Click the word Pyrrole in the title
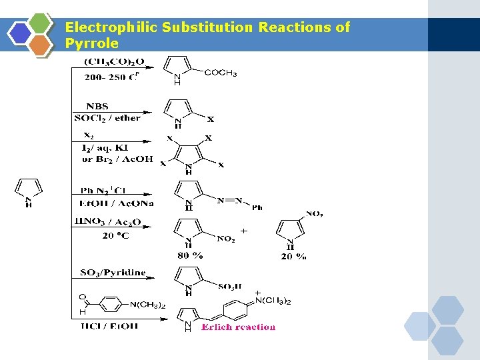coord(92,44)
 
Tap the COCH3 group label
coord(220,73)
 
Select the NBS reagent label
coord(97,106)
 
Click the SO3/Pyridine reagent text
coord(113,273)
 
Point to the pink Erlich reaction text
coord(238,327)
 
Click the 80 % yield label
coord(190,255)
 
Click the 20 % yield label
coord(293,256)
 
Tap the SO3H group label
coord(230,286)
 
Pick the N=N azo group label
coord(233,200)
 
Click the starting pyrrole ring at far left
coord(28,190)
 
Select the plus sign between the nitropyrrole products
coord(244,231)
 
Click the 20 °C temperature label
coord(116,235)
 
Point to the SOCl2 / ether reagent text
coord(107,118)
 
